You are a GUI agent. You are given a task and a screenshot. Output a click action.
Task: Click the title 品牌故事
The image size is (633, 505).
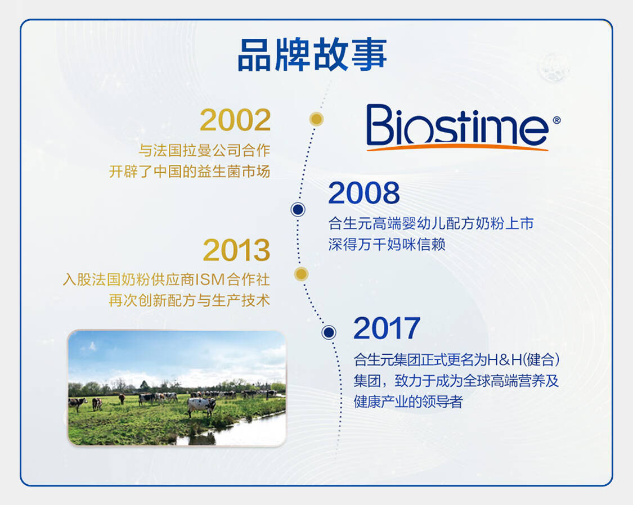[x=312, y=55]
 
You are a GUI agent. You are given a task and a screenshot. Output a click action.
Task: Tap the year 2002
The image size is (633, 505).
[x=235, y=120]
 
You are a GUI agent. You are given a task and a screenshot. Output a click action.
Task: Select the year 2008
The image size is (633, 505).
[x=363, y=193]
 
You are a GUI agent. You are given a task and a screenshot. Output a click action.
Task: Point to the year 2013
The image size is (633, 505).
[x=236, y=250]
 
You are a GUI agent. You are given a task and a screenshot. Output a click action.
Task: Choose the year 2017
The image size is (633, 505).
[x=387, y=328]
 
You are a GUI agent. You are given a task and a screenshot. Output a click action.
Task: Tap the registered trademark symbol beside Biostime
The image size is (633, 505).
[x=556, y=120]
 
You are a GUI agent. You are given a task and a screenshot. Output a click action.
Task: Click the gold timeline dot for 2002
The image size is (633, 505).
[x=316, y=119]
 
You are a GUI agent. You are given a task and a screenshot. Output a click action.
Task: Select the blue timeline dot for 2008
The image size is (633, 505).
[x=298, y=209]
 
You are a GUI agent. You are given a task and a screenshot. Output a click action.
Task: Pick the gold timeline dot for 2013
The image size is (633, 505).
[x=301, y=274]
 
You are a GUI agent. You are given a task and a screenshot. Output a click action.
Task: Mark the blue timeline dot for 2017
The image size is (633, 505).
[x=329, y=332]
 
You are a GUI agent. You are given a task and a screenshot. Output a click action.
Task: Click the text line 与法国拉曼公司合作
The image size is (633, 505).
[x=204, y=151]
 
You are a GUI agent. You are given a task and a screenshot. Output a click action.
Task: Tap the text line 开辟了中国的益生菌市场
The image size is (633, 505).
[x=189, y=172]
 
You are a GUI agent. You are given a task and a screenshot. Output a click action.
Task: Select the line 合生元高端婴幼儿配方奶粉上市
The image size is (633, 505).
[x=431, y=223]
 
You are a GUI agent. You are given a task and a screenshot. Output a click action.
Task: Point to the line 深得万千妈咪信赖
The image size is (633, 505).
[x=387, y=244]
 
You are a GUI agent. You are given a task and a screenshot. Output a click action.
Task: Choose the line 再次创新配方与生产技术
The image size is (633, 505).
[x=189, y=300]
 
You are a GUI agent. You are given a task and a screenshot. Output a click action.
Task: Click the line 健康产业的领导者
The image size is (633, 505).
[x=408, y=402]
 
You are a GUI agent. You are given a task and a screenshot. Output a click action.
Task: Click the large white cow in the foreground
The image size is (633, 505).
[x=201, y=406]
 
